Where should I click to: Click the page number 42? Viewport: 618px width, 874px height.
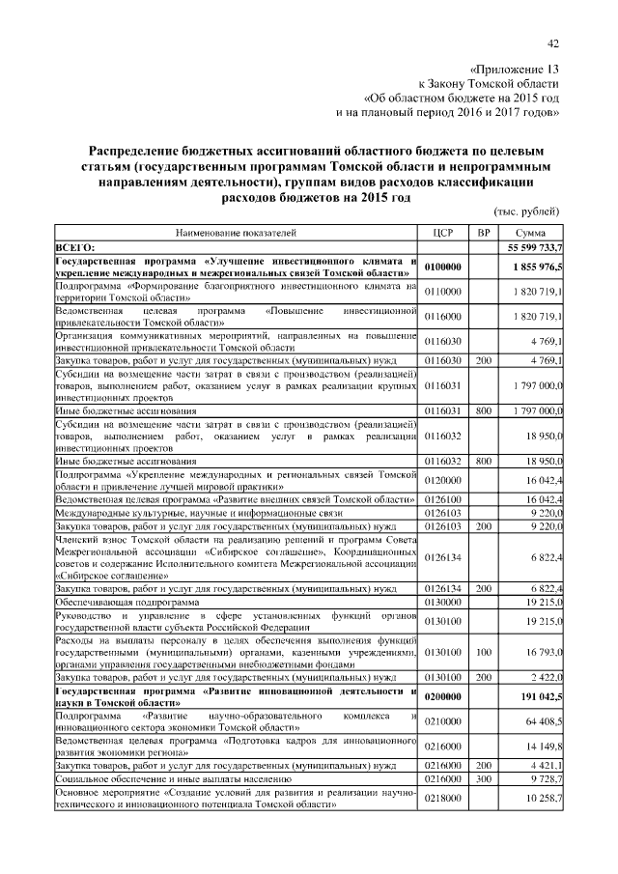(553, 43)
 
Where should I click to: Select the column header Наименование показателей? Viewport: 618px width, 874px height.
(236, 233)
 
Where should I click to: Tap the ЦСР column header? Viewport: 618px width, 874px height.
(444, 233)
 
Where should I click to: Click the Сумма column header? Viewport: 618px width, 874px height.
(529, 233)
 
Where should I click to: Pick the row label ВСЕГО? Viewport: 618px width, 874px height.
(75, 247)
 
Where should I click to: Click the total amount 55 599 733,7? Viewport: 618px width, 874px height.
(529, 247)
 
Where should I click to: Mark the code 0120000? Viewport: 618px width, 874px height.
(444, 479)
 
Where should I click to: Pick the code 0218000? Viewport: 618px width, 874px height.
(444, 798)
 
